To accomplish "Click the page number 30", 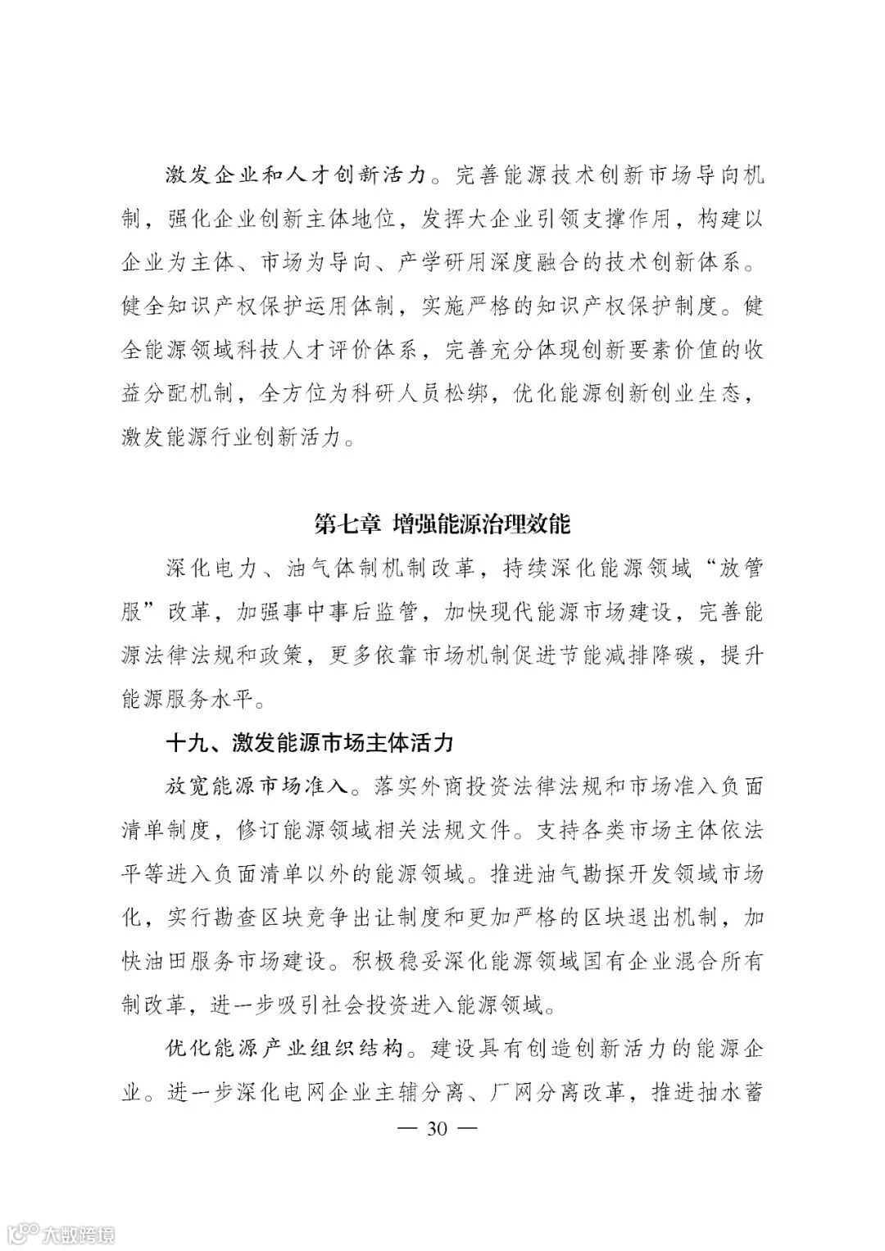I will pyautogui.click(x=435, y=1129).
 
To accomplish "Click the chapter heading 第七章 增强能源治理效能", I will pyautogui.click(x=442, y=523).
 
